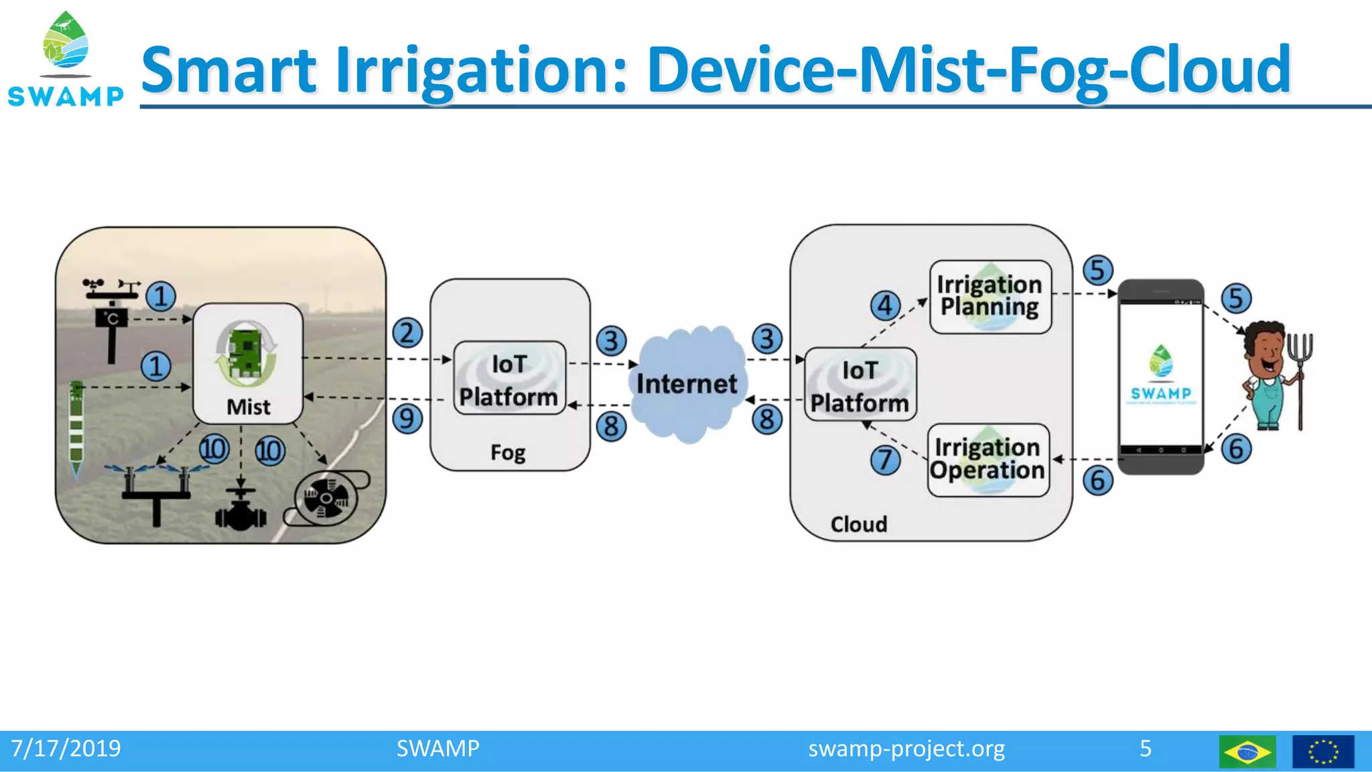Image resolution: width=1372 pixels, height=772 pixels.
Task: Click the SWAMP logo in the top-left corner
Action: click(66, 59)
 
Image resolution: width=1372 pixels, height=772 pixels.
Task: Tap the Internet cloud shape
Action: click(687, 385)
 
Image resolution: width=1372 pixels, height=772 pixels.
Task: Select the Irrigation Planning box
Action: click(989, 296)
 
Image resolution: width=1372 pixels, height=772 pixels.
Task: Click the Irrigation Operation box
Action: click(987, 460)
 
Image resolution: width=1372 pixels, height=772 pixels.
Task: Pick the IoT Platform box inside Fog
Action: click(509, 379)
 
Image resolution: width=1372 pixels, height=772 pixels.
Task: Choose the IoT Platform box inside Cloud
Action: click(860, 385)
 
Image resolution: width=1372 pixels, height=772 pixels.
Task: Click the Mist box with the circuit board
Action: click(248, 364)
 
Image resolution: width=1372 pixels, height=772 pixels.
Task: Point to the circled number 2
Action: click(407, 333)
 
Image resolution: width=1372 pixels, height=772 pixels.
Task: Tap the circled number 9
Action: click(407, 419)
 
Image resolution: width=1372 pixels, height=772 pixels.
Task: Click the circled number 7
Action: click(885, 460)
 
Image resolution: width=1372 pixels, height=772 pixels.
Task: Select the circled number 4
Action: click(885, 306)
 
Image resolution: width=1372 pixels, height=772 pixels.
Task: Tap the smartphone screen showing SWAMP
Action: click(1160, 375)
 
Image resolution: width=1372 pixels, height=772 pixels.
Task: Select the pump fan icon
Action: click(326, 499)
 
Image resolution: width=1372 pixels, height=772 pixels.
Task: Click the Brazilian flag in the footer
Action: click(1247, 751)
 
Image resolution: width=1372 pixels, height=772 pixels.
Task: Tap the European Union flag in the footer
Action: click(1322, 751)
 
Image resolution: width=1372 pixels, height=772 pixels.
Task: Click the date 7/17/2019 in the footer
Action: click(66, 749)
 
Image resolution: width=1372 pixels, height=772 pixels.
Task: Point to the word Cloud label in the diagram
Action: click(858, 524)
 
